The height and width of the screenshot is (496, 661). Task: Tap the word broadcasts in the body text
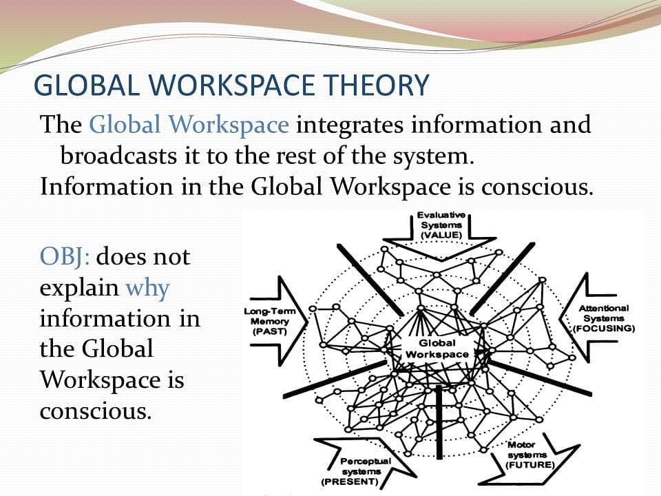118,156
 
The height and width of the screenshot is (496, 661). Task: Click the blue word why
147,289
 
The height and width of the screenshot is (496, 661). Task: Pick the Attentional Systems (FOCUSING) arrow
590,318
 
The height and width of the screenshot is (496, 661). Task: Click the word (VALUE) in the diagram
441,235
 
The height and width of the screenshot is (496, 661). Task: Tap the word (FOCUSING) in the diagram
604,328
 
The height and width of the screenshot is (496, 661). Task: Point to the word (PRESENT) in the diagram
350,482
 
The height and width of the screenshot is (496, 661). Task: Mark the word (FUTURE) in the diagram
530,465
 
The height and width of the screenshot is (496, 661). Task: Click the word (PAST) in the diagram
269,331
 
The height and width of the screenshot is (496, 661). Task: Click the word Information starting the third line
106,187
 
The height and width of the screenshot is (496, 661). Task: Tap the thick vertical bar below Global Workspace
439,422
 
